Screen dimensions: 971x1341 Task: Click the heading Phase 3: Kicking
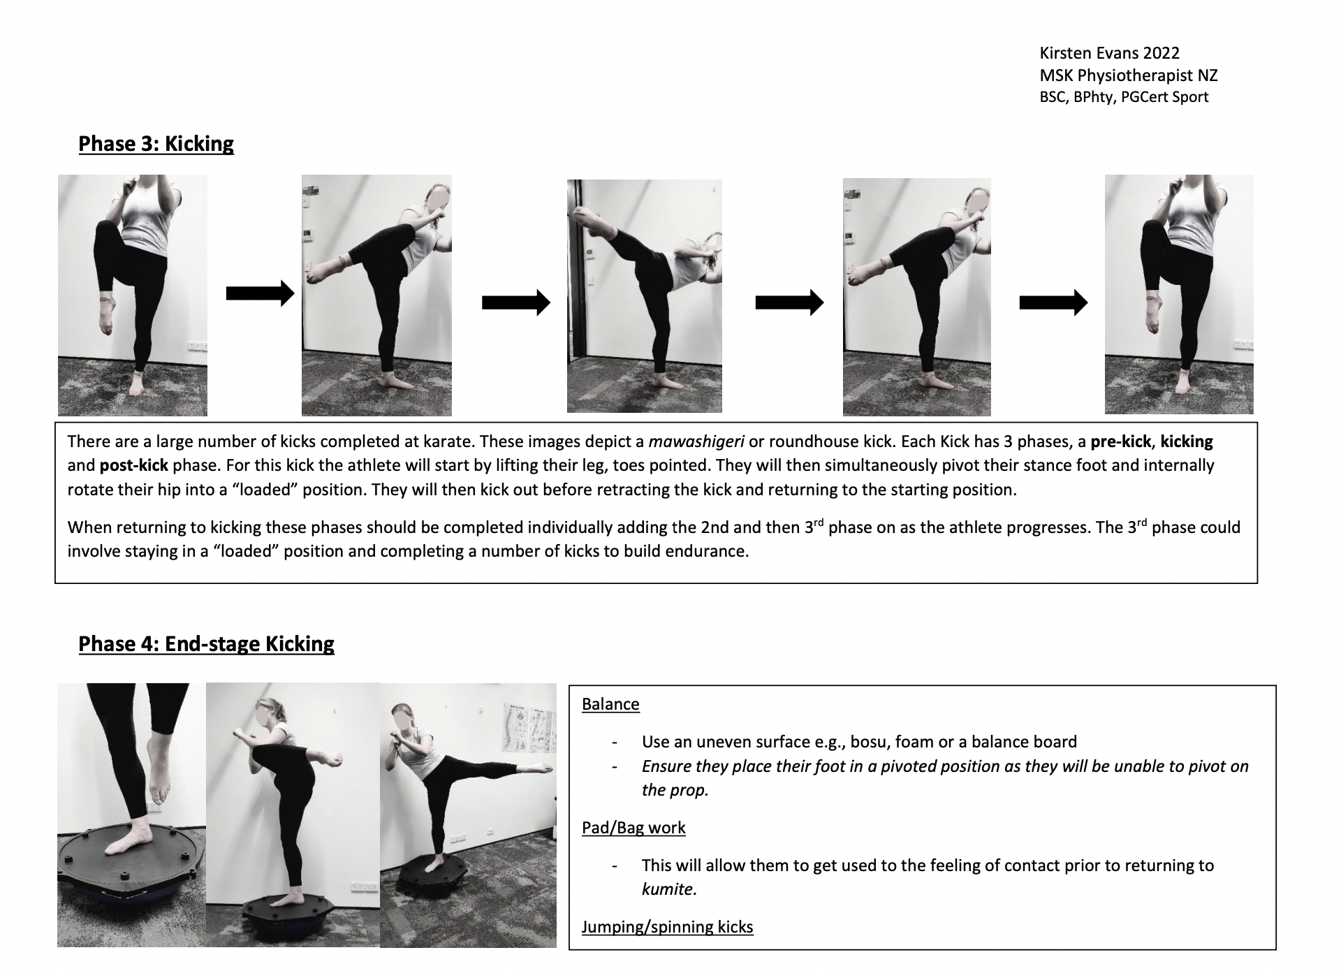156,144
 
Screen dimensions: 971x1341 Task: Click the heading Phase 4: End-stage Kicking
206,644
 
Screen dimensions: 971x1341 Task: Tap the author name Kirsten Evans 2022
1109,53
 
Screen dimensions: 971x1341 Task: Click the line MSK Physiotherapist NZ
1128,75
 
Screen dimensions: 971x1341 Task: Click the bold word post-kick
134,466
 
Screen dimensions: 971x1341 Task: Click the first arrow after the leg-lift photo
260,293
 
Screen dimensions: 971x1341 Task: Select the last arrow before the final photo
1053,302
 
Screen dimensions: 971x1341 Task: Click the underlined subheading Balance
610,704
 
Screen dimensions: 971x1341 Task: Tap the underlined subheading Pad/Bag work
633,828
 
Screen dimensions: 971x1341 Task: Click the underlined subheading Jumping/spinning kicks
667,927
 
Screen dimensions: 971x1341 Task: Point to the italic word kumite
668,889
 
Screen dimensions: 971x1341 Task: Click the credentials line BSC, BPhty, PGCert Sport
1123,97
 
